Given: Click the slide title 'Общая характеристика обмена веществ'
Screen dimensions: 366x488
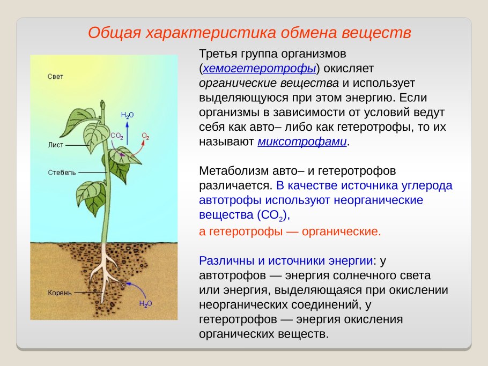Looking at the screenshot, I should coord(249,33).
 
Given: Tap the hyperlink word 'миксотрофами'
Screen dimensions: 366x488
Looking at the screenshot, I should coord(302,142).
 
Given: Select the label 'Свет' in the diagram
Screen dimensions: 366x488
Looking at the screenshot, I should coord(55,77).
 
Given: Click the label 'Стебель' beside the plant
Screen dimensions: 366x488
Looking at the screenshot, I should coord(62,173).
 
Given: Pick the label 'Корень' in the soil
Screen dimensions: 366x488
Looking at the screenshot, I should coord(60,293).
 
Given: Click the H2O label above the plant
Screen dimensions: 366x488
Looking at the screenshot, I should coord(127,115).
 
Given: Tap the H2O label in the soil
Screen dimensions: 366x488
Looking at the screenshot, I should coord(145,304).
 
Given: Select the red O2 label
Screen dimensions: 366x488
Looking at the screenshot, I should coord(145,136).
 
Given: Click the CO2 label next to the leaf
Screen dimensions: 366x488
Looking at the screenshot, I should coord(117,136).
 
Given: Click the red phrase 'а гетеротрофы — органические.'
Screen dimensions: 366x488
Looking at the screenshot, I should coord(290,231).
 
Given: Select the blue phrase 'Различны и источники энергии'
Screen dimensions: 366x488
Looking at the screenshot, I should coord(286,261).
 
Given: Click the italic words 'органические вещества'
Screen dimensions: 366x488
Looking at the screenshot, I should coord(269,84).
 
